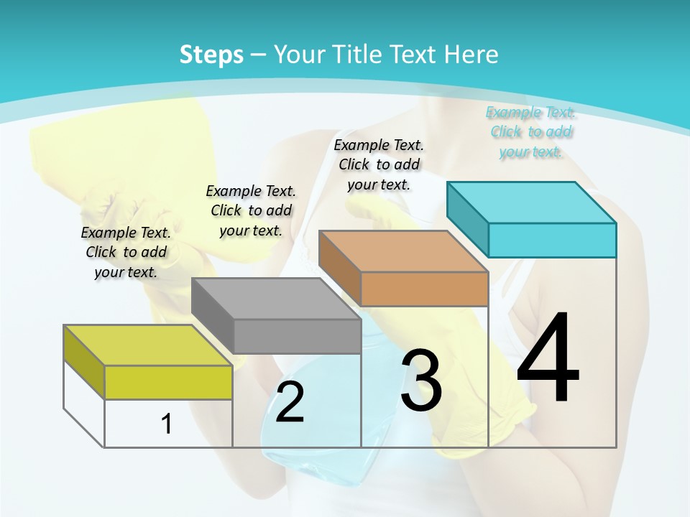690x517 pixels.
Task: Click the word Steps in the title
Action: pos(211,55)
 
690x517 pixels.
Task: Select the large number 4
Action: pos(548,359)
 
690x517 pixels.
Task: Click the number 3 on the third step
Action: pos(421,381)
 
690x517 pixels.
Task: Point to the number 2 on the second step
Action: pos(290,402)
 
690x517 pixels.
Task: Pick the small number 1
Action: pos(167,424)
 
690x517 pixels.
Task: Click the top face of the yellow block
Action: pos(148,345)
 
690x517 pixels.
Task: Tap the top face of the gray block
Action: pos(276,299)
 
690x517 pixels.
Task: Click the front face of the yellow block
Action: pos(168,382)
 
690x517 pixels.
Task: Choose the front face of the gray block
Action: pos(297,336)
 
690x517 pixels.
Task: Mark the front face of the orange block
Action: pos(424,289)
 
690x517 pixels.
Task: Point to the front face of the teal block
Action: pos(552,240)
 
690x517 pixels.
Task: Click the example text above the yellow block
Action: pos(126,252)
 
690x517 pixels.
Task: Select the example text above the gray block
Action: pos(251,210)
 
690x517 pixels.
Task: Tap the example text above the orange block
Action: pos(379,164)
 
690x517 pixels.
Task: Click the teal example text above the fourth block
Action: pos(530,131)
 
